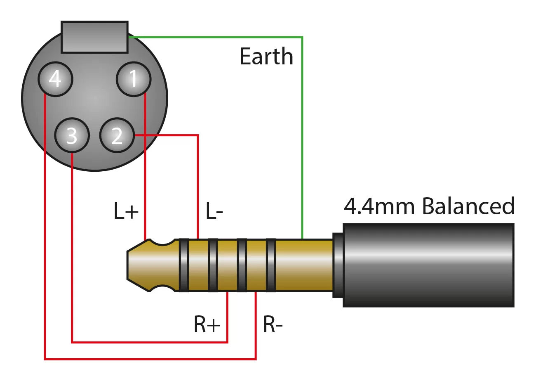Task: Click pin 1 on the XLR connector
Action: pos(133,78)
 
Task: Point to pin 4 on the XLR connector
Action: pos(55,78)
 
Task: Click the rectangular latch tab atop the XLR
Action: pos(94,37)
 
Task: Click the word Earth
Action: pos(266,57)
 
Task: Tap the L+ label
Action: pos(126,212)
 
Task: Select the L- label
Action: pos(214,212)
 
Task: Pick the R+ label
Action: pos(207,325)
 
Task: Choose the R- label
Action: pos(273,325)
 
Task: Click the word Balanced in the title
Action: pos(468,206)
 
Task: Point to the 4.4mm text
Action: pos(378,206)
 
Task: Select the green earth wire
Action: pos(303,124)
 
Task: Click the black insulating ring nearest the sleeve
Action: pos(270,265)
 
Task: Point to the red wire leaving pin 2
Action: pos(169,135)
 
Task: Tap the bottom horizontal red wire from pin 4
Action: pos(148,359)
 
